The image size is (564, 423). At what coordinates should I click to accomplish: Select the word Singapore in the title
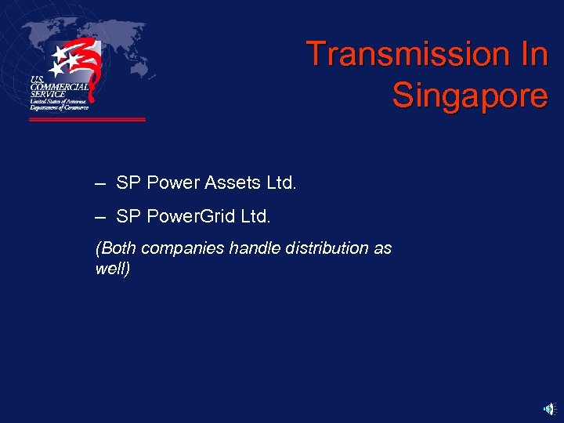pyautogui.click(x=469, y=96)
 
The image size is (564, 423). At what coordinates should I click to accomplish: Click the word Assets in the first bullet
pyautogui.click(x=233, y=183)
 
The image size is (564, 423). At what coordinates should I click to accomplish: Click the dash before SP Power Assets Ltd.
pyautogui.click(x=99, y=183)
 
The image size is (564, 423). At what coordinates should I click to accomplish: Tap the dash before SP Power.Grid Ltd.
pyautogui.click(x=99, y=215)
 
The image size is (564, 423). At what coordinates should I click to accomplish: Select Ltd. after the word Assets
pyautogui.click(x=281, y=183)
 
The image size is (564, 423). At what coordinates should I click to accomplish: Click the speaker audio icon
pyautogui.click(x=549, y=408)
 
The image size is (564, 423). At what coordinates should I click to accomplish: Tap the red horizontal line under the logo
pyautogui.click(x=87, y=120)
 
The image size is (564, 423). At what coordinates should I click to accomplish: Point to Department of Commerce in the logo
pyautogui.click(x=59, y=107)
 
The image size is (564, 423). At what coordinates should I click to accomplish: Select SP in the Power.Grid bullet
pyautogui.click(x=126, y=215)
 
